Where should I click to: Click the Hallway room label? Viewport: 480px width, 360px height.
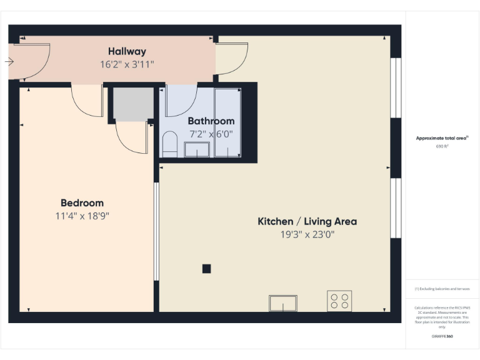pyautogui.click(x=127, y=52)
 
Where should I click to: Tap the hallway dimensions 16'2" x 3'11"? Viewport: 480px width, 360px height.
pyautogui.click(x=127, y=64)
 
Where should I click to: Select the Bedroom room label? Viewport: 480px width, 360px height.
pyautogui.click(x=82, y=203)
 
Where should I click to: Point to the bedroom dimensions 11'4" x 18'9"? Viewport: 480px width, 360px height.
pyautogui.click(x=82, y=216)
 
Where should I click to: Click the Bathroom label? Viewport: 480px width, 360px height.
pyautogui.click(x=211, y=121)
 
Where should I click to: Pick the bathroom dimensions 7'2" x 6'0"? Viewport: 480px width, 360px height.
pyautogui.click(x=211, y=134)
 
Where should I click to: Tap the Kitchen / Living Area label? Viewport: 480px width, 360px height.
pyautogui.click(x=307, y=221)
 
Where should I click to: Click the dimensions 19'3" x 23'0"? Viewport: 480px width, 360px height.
pyautogui.click(x=307, y=235)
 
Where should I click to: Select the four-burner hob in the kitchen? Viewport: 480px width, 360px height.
pyautogui.click(x=339, y=301)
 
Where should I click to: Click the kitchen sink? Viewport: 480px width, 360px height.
pyautogui.click(x=283, y=303)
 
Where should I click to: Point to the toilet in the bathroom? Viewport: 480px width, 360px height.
pyautogui.click(x=169, y=144)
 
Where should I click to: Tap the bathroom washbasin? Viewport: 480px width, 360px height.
pyautogui.click(x=197, y=149)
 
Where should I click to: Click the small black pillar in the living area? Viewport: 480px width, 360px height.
pyautogui.click(x=206, y=269)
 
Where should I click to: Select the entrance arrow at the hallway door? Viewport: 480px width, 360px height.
pyautogui.click(x=9, y=61)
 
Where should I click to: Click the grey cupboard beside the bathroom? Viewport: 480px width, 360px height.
pyautogui.click(x=133, y=104)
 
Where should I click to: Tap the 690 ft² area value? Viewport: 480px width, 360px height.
pyautogui.click(x=442, y=146)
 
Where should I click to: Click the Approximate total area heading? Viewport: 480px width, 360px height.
pyautogui.click(x=442, y=138)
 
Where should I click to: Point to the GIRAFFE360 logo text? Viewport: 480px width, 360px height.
pyautogui.click(x=442, y=336)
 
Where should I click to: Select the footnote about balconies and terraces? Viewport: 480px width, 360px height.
pyautogui.click(x=442, y=289)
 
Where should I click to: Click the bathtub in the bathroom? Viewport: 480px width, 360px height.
pyautogui.click(x=227, y=122)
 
